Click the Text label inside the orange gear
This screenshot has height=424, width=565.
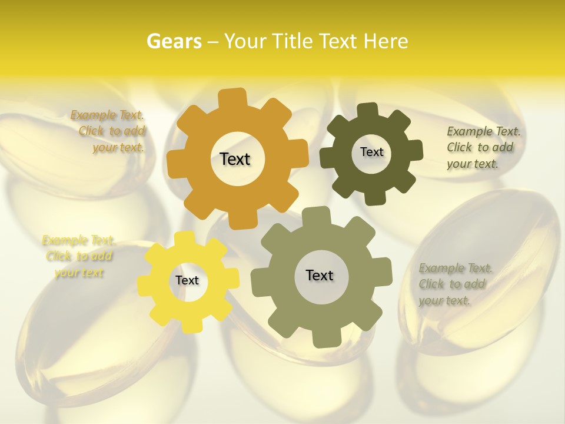click(235, 159)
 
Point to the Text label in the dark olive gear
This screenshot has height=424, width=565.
click(371, 152)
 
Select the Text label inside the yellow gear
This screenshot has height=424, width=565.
click(187, 281)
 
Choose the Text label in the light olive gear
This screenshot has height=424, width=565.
click(320, 275)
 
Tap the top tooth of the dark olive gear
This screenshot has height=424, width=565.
click(368, 110)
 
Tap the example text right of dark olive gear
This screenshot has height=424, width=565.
click(483, 147)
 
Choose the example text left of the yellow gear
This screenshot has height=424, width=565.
click(78, 256)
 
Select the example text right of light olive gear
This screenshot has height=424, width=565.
click(454, 284)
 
